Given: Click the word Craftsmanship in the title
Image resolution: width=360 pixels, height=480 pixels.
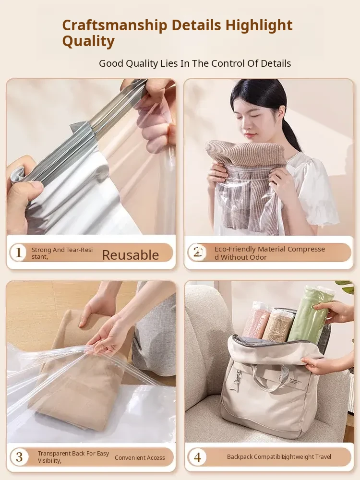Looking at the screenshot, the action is [x=115, y=26].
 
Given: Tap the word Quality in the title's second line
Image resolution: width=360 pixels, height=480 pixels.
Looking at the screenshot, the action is [x=88, y=41].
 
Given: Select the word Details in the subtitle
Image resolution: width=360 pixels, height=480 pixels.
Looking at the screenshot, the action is [x=276, y=63].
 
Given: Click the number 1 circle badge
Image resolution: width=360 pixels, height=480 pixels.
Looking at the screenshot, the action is [x=18, y=252].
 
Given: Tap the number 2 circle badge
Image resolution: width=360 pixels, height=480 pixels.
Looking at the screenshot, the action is [x=197, y=252].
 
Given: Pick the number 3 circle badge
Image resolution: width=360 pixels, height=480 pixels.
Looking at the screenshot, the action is [x=19, y=457].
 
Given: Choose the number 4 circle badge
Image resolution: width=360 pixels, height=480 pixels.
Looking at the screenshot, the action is [x=197, y=457].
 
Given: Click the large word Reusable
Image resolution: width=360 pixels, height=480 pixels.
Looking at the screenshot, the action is [x=131, y=255].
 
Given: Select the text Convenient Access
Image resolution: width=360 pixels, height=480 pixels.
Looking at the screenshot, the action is [x=140, y=457].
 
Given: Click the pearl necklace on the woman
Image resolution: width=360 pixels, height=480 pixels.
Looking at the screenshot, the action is [x=292, y=156].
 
